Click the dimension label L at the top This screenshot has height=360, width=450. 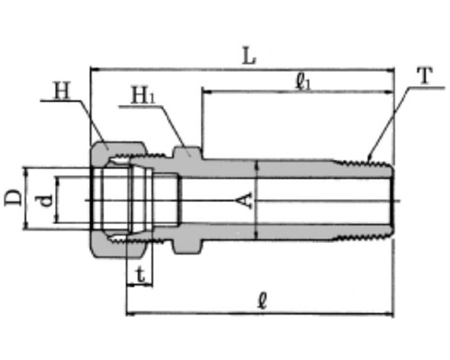(x=249, y=56)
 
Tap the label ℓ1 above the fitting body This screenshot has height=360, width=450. (x=303, y=82)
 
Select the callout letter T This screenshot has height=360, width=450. (x=426, y=76)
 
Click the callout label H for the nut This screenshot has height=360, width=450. (x=62, y=91)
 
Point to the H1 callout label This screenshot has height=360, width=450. (x=143, y=95)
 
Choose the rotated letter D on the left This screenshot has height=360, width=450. (x=13, y=198)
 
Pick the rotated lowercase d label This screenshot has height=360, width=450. (x=46, y=201)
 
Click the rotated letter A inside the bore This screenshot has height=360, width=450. (x=246, y=201)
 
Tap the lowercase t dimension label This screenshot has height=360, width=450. (x=140, y=275)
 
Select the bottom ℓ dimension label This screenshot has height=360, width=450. (x=262, y=301)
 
